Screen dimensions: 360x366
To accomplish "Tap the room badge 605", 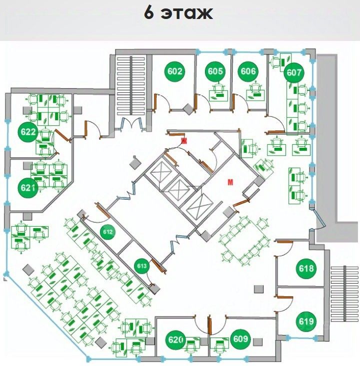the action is click(x=215, y=71).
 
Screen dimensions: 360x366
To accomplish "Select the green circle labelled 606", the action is click(x=248, y=71).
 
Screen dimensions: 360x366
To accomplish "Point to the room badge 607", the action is click(x=294, y=73).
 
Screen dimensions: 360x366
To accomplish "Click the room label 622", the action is click(x=29, y=132).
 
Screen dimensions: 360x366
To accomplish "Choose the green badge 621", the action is click(x=29, y=188).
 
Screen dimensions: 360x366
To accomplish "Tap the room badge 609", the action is click(x=240, y=340).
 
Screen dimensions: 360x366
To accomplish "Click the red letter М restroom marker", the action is click(x=230, y=182).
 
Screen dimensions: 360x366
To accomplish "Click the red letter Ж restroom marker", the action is click(x=183, y=141).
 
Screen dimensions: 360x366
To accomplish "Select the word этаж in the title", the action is click(x=186, y=13).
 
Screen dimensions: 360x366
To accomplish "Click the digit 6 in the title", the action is click(x=149, y=13).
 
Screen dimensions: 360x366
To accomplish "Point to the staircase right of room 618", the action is click(x=344, y=292).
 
